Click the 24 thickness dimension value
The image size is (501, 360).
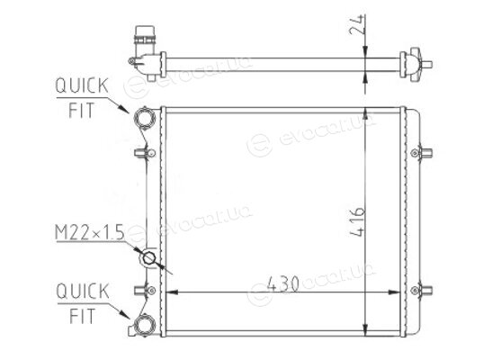[357, 24]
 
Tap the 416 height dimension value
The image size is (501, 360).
[357, 222]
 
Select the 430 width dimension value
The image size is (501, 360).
[283, 283]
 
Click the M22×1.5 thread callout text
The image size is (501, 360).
[90, 232]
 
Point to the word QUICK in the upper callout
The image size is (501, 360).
[82, 85]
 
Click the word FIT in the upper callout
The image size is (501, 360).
[82, 111]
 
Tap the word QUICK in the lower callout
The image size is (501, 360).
[83, 292]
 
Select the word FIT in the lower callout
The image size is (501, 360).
[83, 316]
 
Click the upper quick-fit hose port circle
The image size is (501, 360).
[145, 118]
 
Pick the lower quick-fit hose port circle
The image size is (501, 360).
[145, 326]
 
